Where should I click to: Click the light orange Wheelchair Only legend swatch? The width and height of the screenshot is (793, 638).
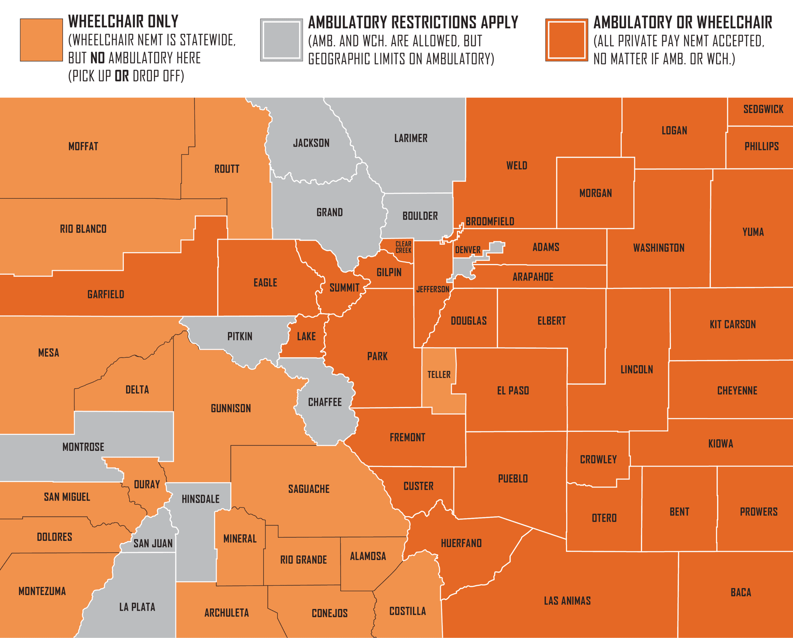coord(41,40)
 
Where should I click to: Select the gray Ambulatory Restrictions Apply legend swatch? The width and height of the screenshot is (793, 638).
coord(282,40)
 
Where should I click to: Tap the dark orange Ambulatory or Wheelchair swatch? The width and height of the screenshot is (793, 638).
coord(567,40)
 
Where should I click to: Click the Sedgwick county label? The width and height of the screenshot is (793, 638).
coord(763,109)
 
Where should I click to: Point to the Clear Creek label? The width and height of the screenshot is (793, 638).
coord(403,247)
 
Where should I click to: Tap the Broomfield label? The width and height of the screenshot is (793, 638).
coord(490,222)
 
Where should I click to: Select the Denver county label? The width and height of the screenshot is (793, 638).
coord(468,250)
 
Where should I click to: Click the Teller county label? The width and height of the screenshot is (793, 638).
coord(439,374)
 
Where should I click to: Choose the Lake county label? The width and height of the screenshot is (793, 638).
coord(306,336)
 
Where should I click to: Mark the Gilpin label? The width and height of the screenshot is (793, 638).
coord(389,272)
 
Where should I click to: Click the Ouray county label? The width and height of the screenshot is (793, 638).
coord(147,485)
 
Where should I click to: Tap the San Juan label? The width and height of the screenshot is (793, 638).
coord(153,543)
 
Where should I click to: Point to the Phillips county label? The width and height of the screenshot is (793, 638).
coord(762,146)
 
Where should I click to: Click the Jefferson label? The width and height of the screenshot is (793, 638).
coord(433,289)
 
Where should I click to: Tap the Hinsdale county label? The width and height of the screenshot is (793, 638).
coord(200,499)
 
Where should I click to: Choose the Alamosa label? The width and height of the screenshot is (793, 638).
coord(368,556)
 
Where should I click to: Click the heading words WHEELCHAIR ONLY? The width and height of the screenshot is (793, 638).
coord(123,22)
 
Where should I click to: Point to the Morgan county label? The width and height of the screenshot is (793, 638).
coord(595,193)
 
